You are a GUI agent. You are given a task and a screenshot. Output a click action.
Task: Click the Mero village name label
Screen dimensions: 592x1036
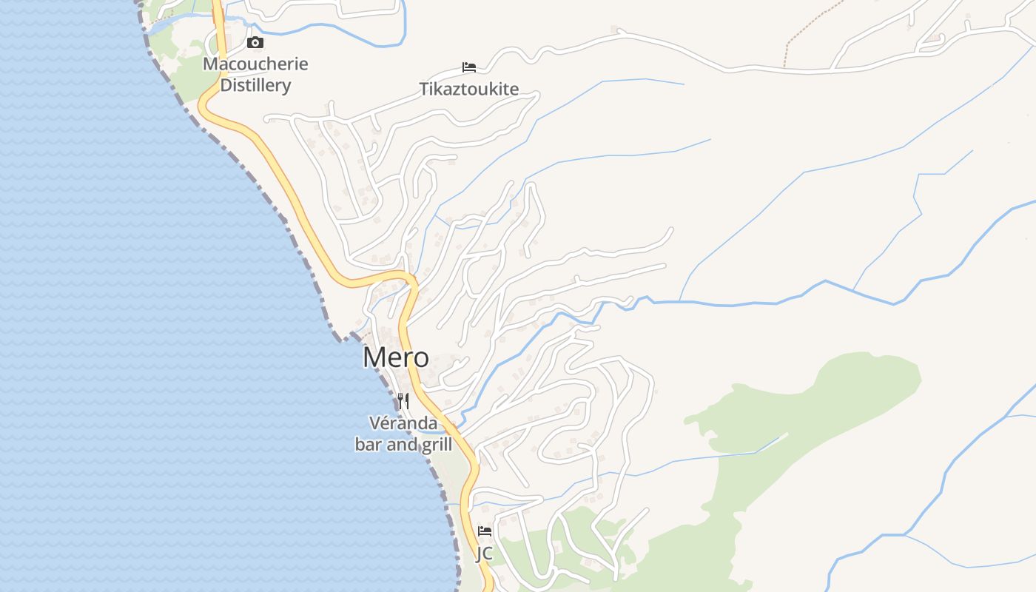(395, 357)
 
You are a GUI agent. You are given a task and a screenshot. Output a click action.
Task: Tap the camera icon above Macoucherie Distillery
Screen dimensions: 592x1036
(255, 43)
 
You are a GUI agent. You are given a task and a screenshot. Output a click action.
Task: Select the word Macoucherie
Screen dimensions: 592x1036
(255, 64)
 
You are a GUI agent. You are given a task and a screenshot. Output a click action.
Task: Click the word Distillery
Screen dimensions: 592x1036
(255, 85)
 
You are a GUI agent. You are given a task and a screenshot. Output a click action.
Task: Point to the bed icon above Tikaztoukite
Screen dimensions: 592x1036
(469, 67)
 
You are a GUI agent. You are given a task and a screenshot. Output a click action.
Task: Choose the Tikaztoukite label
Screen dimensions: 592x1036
(469, 90)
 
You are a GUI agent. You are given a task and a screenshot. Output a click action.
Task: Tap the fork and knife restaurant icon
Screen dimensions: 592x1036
(403, 401)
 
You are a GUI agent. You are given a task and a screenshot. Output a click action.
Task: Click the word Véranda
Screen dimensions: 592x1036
(403, 423)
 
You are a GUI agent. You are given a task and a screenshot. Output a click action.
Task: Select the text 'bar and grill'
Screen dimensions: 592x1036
(403, 445)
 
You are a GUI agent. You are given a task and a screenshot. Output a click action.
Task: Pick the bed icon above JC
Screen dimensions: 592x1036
(485, 531)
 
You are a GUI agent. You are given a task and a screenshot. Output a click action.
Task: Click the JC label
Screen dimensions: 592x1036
(484, 553)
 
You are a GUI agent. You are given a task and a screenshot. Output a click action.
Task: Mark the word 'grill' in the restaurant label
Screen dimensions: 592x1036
(437, 445)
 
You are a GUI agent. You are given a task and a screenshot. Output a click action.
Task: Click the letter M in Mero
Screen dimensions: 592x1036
(374, 357)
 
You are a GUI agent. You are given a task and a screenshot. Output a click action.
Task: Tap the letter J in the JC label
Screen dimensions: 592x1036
(479, 553)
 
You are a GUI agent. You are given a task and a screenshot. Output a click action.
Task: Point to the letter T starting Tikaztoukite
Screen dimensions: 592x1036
(424, 90)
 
